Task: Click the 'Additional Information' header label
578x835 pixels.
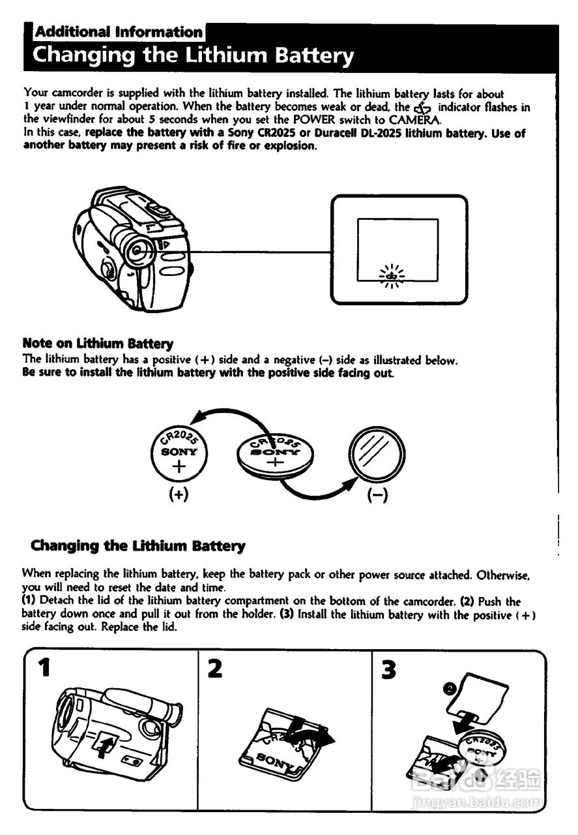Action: (119, 32)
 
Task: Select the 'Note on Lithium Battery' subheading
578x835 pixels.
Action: (98, 343)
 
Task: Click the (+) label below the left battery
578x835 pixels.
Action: (179, 494)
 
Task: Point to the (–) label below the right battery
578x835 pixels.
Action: (377, 494)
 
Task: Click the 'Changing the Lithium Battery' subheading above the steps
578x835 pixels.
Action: (138, 545)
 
